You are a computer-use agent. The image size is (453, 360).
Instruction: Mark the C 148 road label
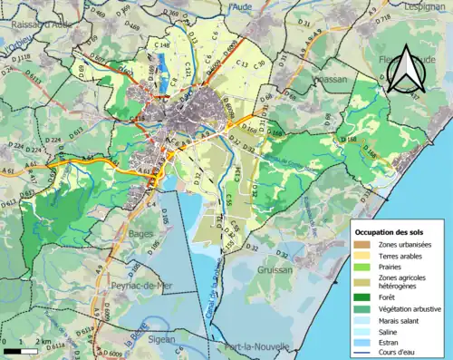click(162, 44)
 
